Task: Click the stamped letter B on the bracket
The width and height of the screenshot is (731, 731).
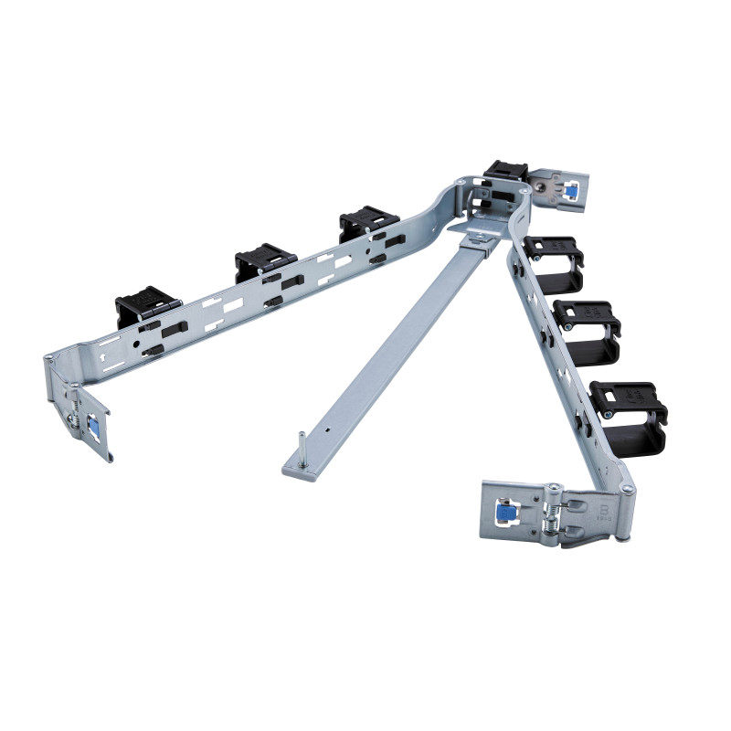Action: point(604,507)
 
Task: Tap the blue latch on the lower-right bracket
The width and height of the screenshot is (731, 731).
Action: point(503,515)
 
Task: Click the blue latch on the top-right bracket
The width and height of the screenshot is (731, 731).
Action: point(570,191)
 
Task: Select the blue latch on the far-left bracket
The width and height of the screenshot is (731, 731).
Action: point(93,424)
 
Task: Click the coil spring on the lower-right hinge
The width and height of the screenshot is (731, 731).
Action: point(552,517)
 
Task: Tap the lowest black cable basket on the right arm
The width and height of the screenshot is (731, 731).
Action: point(628,412)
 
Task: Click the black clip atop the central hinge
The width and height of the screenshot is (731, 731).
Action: point(504,171)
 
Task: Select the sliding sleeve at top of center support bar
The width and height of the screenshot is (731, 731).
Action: point(479,241)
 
